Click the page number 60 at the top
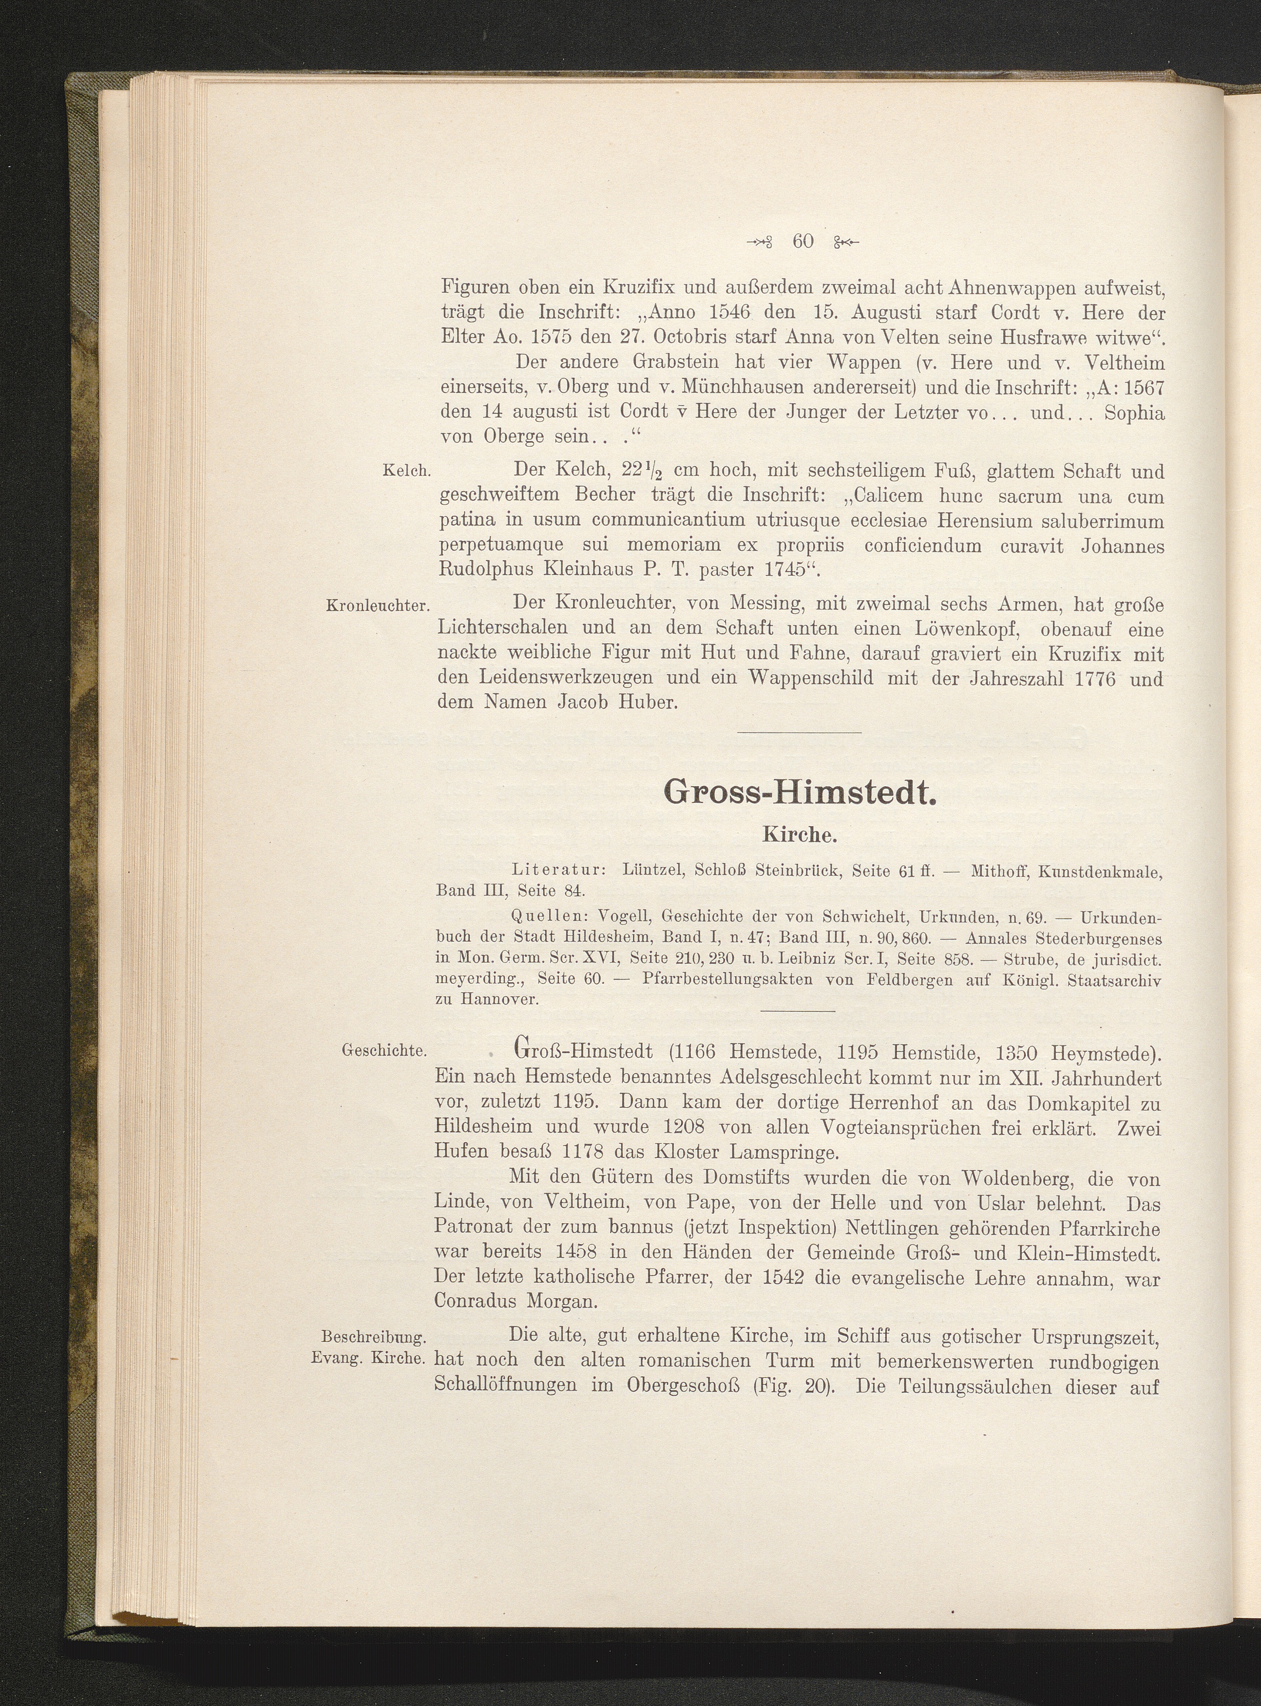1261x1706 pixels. pos(803,242)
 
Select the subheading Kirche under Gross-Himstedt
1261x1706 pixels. pos(800,835)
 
